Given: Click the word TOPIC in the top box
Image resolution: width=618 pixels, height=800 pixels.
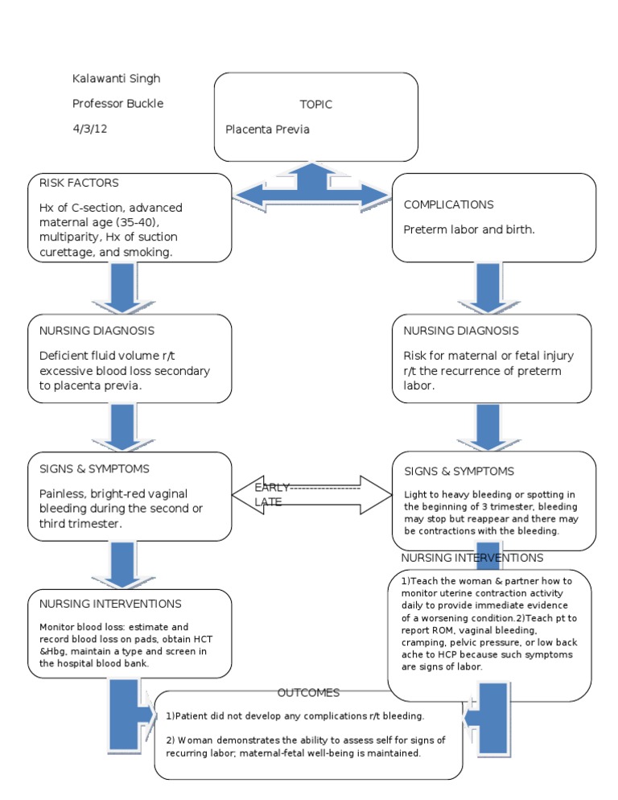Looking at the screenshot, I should pyautogui.click(x=315, y=105).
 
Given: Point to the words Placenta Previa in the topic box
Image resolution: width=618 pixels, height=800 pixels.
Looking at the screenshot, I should pyautogui.click(x=267, y=129).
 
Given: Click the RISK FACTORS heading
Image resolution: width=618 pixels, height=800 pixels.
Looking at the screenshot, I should pyautogui.click(x=79, y=184).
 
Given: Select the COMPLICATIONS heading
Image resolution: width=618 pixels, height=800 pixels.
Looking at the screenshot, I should pyautogui.click(x=448, y=204).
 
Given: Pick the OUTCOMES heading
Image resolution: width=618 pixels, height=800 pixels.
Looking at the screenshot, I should pyautogui.click(x=308, y=693).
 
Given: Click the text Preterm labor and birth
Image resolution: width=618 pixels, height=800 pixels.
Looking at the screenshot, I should pyautogui.click(x=469, y=229).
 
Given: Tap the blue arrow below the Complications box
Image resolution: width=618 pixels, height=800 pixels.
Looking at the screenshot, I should pyautogui.click(x=489, y=288).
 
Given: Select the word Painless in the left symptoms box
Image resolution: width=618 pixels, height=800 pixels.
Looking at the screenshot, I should pyautogui.click(x=62, y=494).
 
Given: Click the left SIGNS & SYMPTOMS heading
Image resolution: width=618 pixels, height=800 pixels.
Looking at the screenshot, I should pyautogui.click(x=93, y=468).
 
